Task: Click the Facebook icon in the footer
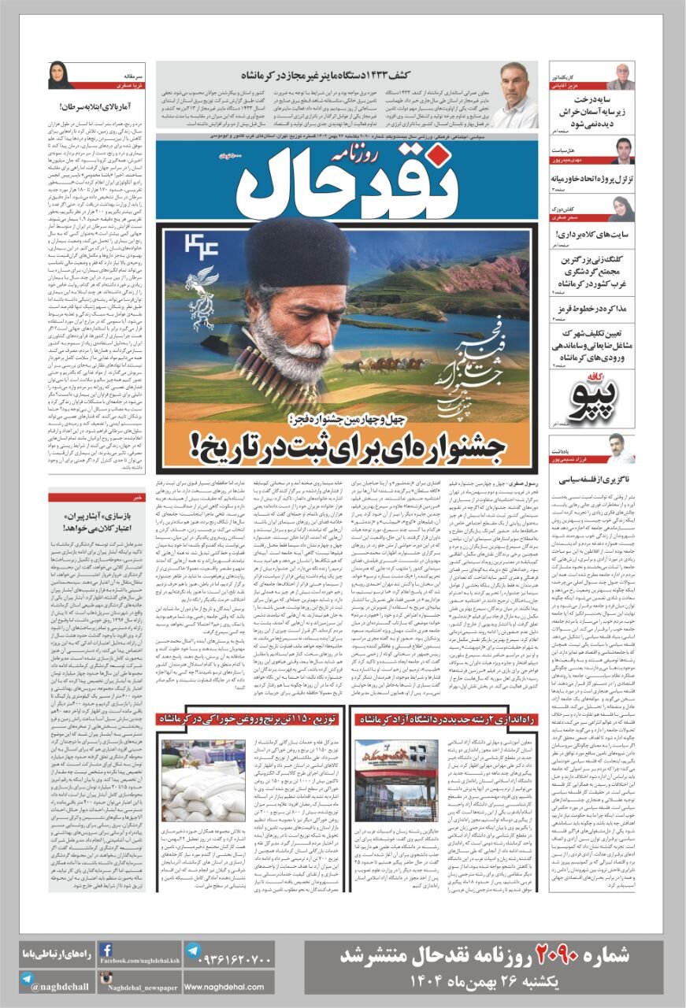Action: pyautogui.click(x=106, y=950)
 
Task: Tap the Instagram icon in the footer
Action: pyautogui.click(x=106, y=979)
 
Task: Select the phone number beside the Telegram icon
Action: pyautogui.click(x=228, y=961)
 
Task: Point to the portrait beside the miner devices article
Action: pyautogui.click(x=514, y=95)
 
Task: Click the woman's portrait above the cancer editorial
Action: pyautogui.click(x=61, y=76)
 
